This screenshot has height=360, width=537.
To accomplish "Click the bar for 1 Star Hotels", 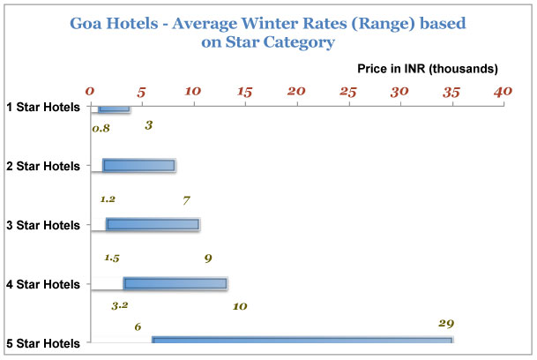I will tap(114, 109).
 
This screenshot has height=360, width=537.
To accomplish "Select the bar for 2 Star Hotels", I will tap(138, 165).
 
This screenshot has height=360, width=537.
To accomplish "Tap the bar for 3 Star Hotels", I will tap(153, 224).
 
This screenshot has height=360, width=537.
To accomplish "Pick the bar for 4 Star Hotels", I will tap(175, 283).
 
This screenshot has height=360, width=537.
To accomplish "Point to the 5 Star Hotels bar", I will tap(302, 341).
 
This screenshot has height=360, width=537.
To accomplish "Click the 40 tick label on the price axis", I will tap(503, 91).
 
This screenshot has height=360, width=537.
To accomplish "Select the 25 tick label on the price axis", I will tap(348, 91).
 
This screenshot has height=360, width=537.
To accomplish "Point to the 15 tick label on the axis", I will tap(245, 91).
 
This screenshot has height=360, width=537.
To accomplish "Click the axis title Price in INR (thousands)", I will tap(428, 68).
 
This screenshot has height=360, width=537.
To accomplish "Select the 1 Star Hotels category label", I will tap(43, 108).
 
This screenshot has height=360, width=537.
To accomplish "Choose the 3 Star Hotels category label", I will tap(43, 225).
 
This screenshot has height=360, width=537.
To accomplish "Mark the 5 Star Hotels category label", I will tap(43, 342).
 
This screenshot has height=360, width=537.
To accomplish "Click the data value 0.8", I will tap(101, 128).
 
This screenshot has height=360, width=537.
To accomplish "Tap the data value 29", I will tap(446, 323).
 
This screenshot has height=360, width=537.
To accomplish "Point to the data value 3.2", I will tap(120, 305).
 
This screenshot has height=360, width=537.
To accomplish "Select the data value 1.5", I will tap(112, 258).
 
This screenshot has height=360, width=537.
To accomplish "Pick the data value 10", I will tap(239, 306).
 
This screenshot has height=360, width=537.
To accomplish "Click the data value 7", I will tap(186, 199).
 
